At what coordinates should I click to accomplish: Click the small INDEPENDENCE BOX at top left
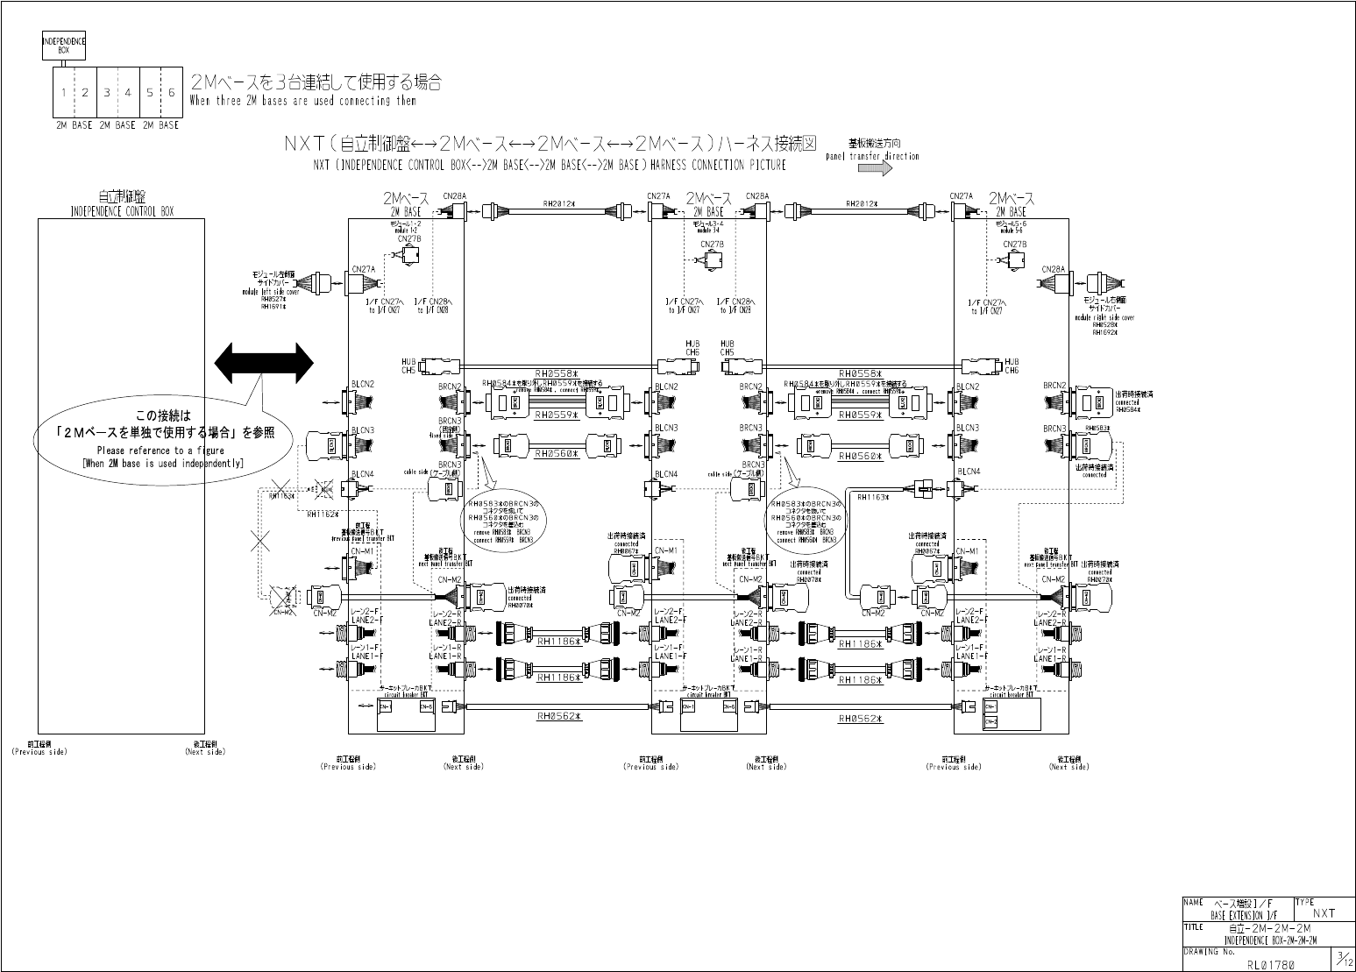(64, 45)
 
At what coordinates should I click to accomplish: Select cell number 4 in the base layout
(128, 92)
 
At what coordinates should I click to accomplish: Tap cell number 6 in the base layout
(171, 92)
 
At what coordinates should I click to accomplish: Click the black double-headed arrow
(264, 363)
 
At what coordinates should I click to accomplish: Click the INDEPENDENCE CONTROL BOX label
(121, 211)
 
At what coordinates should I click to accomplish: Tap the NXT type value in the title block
(1324, 913)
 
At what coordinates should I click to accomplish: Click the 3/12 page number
(1342, 959)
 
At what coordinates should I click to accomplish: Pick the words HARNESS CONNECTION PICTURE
(718, 165)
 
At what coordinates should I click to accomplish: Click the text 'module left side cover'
(271, 292)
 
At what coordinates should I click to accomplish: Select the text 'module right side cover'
(1104, 317)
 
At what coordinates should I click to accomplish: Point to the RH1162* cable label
(323, 514)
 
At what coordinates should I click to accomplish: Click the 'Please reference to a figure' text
(160, 451)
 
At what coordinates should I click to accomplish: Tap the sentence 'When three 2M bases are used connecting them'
(302, 101)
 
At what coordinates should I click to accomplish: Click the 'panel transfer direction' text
(872, 156)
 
